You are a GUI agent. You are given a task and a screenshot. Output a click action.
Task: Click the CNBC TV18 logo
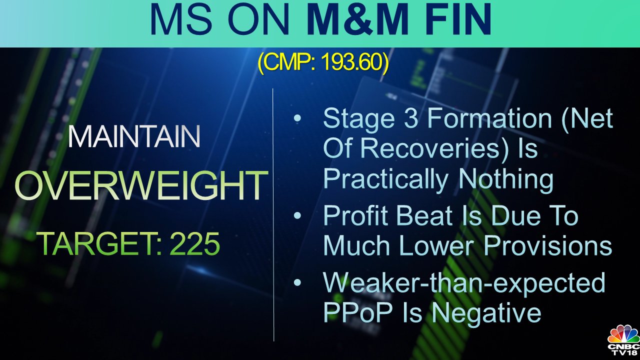[x=623, y=340]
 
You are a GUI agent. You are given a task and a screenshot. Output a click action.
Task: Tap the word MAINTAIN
[x=134, y=137]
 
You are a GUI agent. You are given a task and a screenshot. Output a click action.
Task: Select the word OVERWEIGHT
[x=140, y=186]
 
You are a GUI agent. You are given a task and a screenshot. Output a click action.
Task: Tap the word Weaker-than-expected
[x=464, y=283]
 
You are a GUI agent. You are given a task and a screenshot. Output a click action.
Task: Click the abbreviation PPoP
[x=358, y=312]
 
